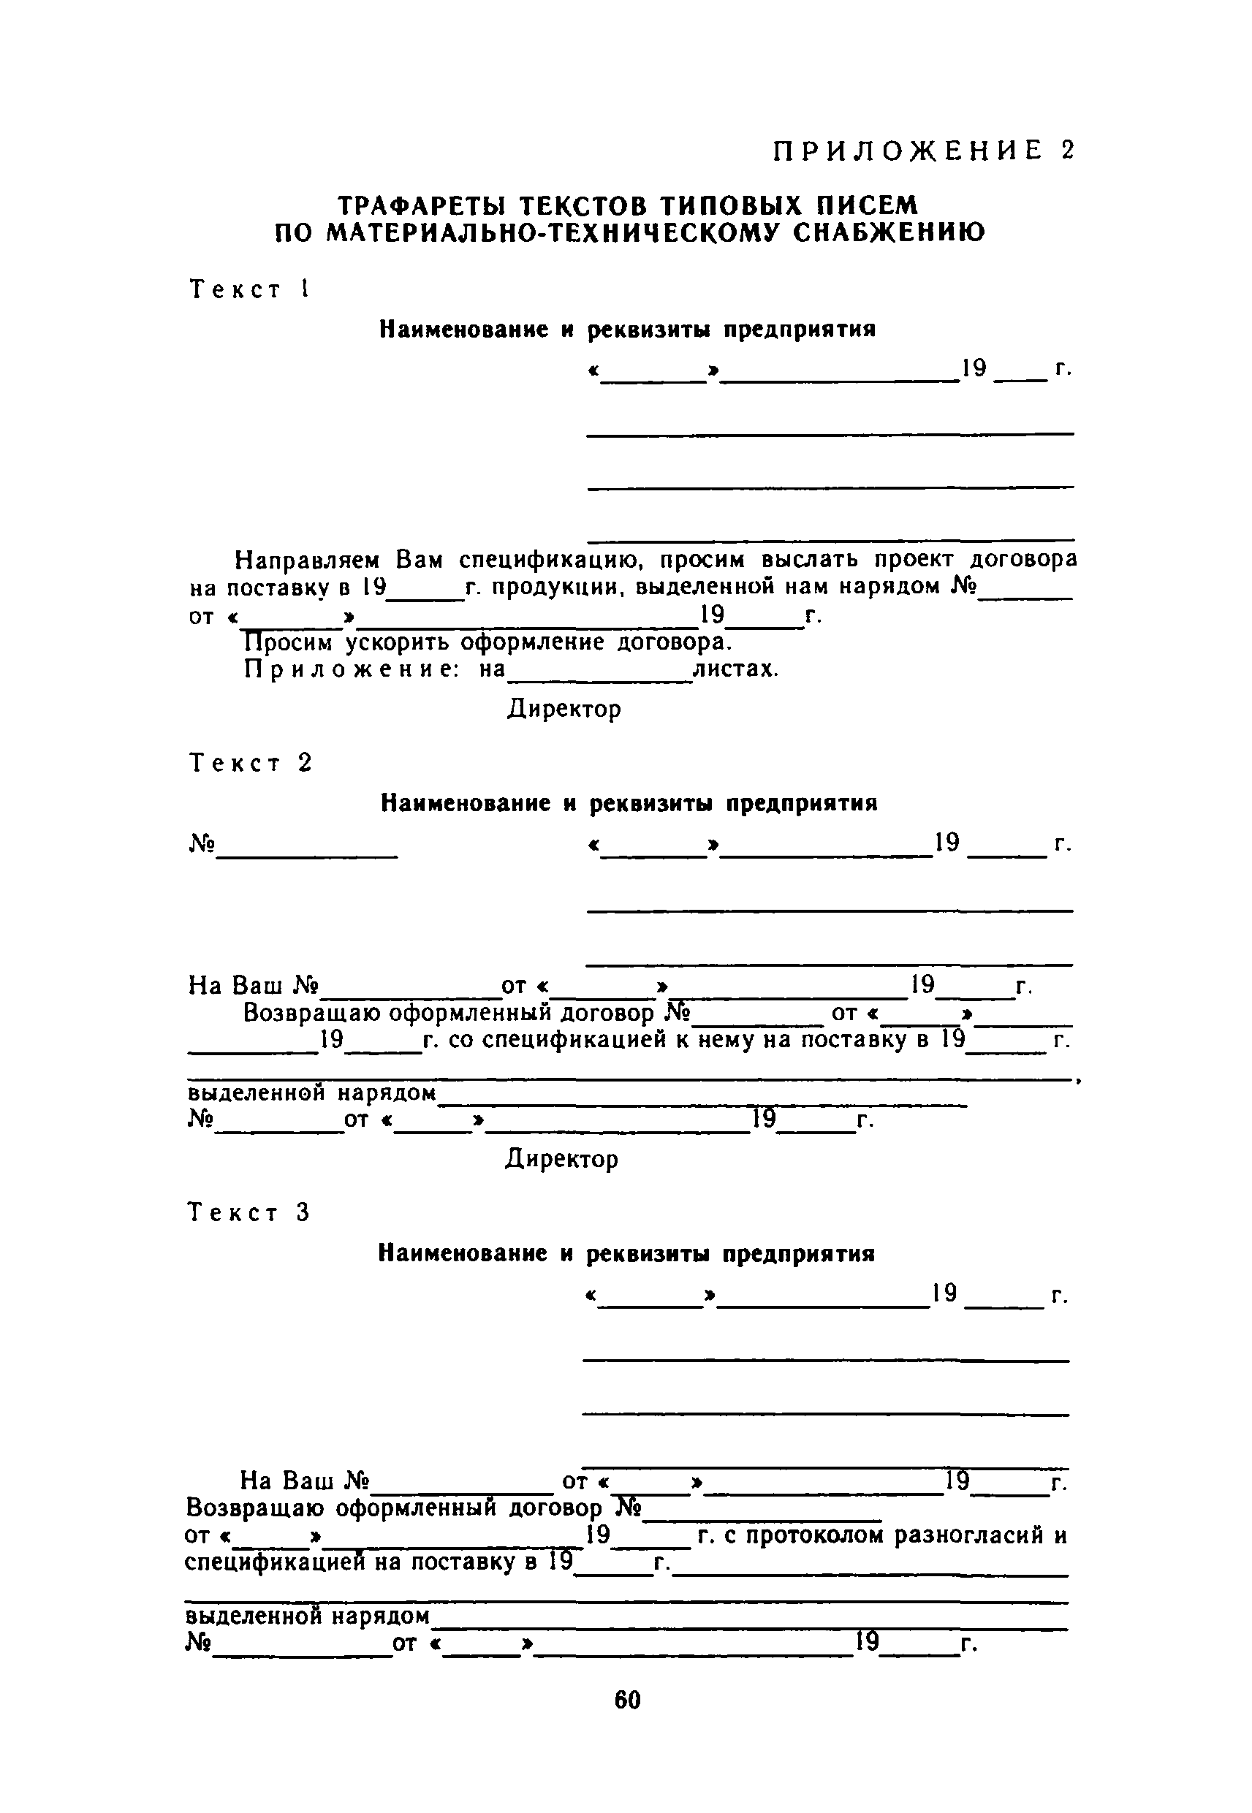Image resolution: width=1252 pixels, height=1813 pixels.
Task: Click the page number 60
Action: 628,1700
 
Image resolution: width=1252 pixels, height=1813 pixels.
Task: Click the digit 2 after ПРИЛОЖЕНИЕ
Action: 1066,151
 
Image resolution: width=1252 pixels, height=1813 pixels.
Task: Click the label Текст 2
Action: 250,763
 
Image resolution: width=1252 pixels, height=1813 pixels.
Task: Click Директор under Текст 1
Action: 564,709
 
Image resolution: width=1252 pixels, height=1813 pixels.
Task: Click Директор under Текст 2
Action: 561,1159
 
